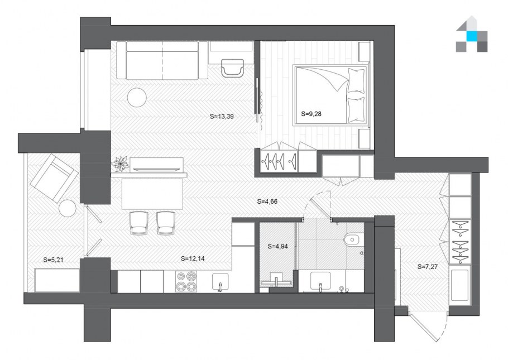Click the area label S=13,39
222,116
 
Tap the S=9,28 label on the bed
311,114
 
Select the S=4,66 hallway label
267,201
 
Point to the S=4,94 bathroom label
277,246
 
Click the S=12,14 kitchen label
193,258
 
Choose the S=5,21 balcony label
53,260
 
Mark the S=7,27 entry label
428,267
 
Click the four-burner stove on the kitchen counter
186,281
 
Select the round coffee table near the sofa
137,97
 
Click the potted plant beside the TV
120,164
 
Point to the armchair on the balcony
54,178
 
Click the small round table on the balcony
68,208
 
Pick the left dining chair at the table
139,223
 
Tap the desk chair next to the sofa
233,68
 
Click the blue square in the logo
472,36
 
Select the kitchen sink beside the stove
221,281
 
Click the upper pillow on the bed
356,80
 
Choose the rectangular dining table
152,194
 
